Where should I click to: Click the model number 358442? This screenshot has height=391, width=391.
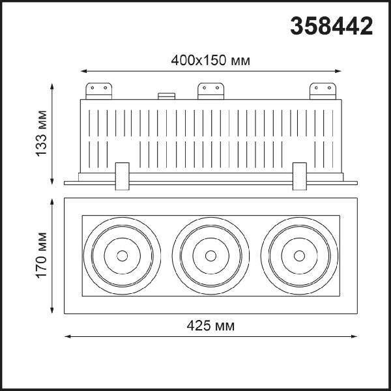point(332,25)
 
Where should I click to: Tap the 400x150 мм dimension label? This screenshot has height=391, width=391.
point(210,61)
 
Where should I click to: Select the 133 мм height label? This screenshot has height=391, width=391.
point(41,134)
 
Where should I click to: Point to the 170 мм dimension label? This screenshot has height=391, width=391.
point(41,255)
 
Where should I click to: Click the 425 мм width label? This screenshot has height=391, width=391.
point(210,325)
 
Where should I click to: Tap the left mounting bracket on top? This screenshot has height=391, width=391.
point(99,91)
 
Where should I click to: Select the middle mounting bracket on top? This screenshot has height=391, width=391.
point(210,91)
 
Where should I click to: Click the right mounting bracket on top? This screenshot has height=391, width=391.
point(323,91)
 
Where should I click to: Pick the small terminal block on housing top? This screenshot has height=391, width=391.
point(167,96)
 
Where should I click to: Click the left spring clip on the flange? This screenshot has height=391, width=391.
point(123,177)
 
